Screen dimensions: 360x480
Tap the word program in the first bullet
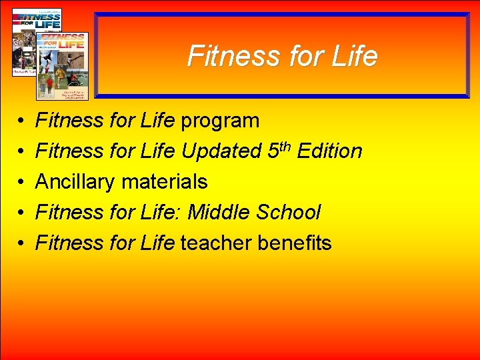pyautogui.click(x=220, y=121)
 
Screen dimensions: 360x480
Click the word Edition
pyautogui.click(x=329, y=151)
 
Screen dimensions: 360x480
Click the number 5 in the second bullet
pyautogui.click(x=273, y=152)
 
